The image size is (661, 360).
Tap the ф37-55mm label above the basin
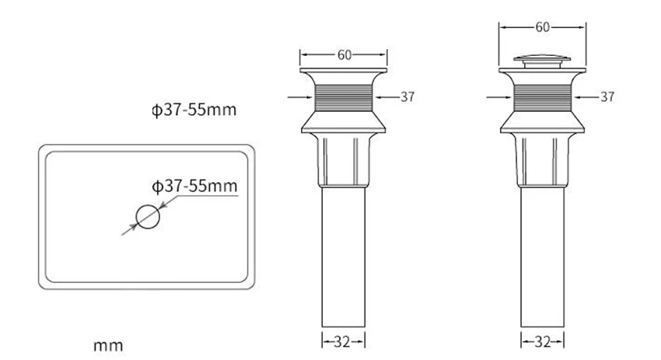pyautogui.click(x=194, y=110)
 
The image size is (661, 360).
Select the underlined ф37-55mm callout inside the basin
pyautogui.click(x=194, y=186)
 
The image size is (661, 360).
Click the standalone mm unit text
pyautogui.click(x=108, y=346)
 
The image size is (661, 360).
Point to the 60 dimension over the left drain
pyautogui.click(x=344, y=54)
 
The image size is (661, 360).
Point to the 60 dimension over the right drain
pyautogui.click(x=542, y=27)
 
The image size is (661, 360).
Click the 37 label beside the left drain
pyautogui.click(x=407, y=97)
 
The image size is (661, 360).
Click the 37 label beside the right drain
pyautogui.click(x=607, y=97)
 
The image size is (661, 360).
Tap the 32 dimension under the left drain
pyautogui.click(x=342, y=342)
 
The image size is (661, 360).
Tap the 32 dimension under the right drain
pyautogui.click(x=542, y=342)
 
